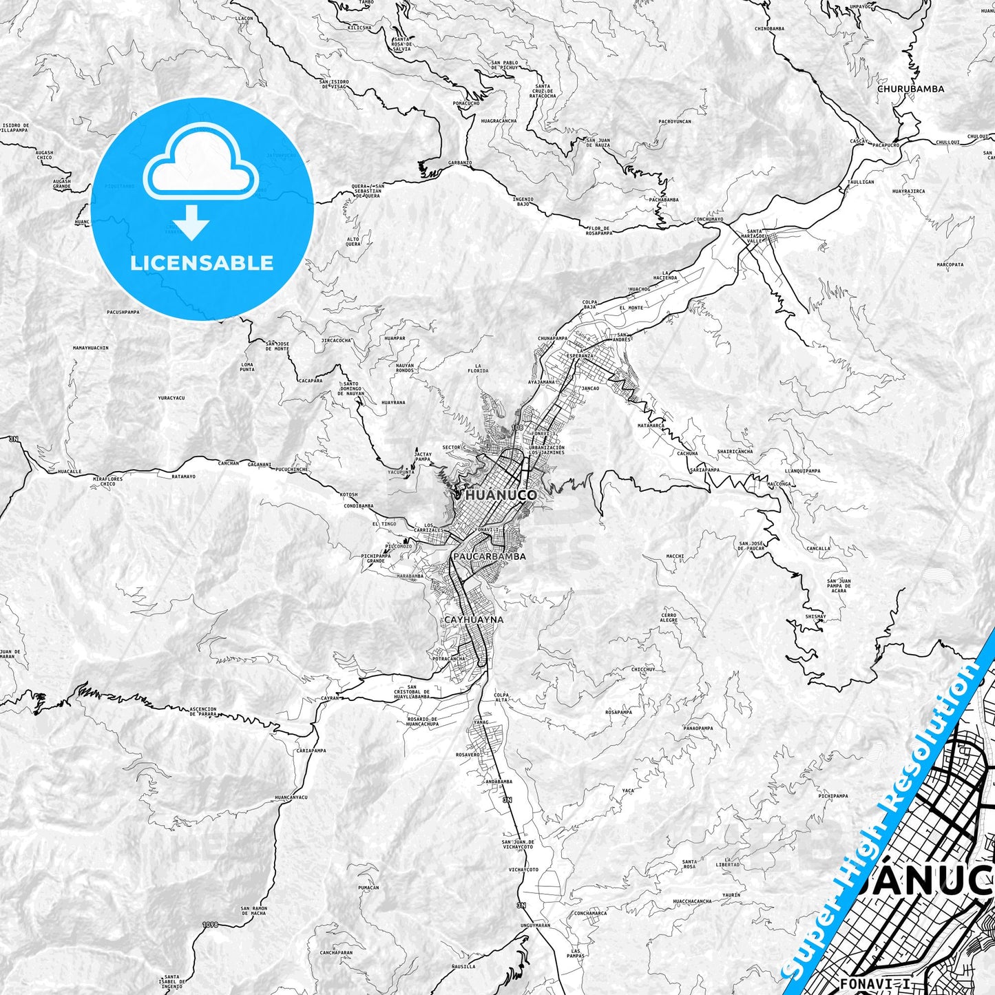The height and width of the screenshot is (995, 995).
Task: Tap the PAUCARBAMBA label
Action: pos(490,556)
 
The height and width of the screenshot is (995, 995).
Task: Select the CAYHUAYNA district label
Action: pos(474,620)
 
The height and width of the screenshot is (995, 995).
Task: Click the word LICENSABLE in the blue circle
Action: pos(202,263)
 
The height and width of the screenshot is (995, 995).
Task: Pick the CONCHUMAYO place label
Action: pos(709,220)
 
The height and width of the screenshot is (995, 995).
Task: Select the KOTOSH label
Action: pos(349,495)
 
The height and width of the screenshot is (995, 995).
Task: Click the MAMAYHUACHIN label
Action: pos(90,348)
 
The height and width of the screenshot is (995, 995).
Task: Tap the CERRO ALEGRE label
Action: pos(669,618)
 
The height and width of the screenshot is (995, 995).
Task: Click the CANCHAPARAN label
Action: pos(336,953)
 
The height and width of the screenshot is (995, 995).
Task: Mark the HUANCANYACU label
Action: pos(290,797)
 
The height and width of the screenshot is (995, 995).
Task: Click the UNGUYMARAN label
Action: pos(536,925)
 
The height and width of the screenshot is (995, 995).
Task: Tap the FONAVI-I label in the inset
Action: pos(865,983)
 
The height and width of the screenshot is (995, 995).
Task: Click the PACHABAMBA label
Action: pos(664,200)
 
